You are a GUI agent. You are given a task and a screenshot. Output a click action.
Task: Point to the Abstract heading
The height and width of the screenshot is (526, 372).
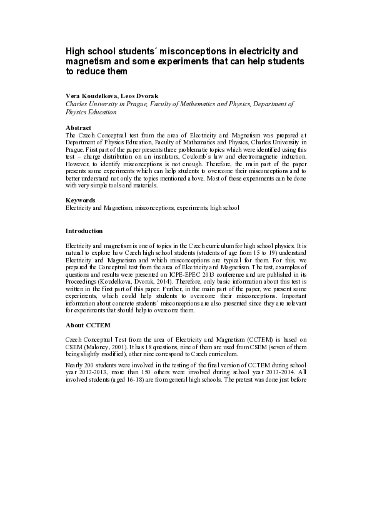coord(78,127)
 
